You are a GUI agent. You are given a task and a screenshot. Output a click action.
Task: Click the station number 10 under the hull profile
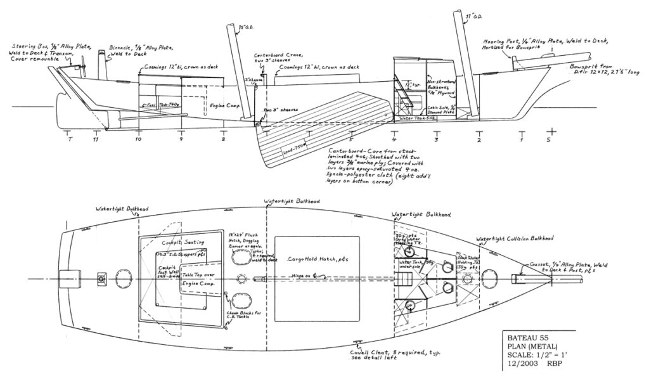(139, 138)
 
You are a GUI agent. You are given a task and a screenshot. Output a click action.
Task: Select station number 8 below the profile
(223, 138)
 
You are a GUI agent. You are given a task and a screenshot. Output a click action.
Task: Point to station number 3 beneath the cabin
(436, 138)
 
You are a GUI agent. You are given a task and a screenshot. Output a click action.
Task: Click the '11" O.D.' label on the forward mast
(471, 14)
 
